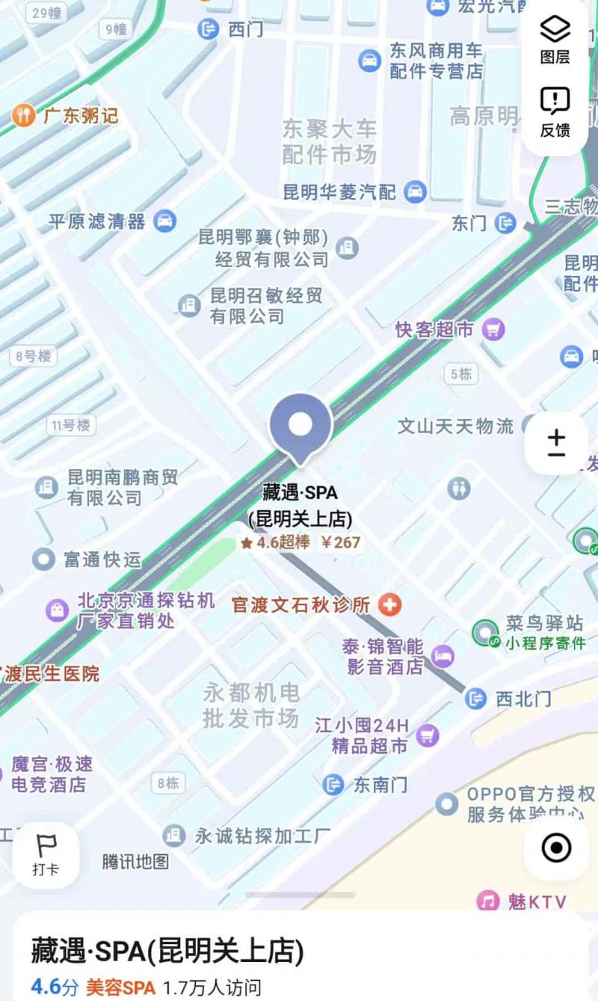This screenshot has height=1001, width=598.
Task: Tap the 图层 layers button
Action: pos(555,39)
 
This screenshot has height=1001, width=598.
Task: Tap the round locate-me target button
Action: pos(556,848)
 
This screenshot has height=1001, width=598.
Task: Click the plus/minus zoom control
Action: pos(556,443)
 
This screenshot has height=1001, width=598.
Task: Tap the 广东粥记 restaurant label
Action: pos(81,116)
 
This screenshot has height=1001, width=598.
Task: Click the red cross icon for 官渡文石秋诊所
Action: pos(389,604)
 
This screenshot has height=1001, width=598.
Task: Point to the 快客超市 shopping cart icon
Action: pos(493,328)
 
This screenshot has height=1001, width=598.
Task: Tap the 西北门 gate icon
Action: pos(475,699)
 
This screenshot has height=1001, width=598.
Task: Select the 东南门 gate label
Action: pos(380,784)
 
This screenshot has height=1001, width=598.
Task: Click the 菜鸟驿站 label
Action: pos(543,622)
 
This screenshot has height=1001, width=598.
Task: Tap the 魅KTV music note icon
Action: pos(488,901)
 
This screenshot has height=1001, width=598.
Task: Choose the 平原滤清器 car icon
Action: pos(164,221)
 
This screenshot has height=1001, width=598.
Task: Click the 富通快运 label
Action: pos(102,559)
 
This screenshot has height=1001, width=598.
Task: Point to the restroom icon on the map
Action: pos(459,488)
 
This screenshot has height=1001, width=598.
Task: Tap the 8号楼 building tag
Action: pos(34,356)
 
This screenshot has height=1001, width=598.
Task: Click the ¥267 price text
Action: pos(341,542)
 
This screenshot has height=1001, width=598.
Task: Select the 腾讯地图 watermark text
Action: pos(135,861)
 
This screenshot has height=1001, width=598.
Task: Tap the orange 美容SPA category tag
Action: pos(120,987)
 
